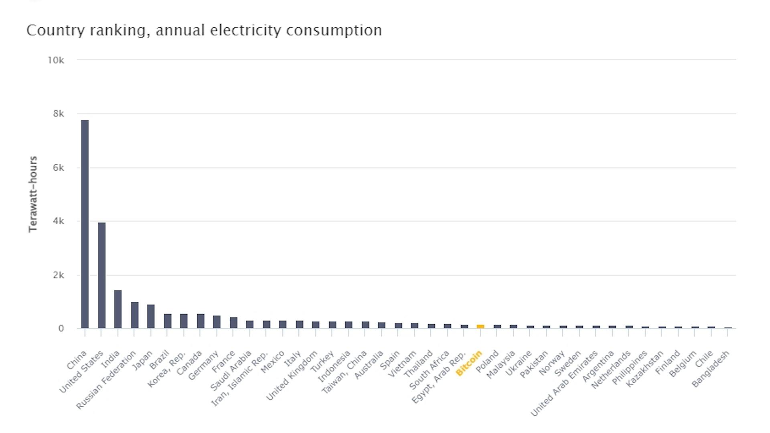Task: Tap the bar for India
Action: coord(118,309)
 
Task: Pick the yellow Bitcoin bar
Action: coord(480,326)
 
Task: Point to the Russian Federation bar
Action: coord(135,315)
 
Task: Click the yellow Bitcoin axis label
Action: coord(469,364)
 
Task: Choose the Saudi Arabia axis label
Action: coord(231,370)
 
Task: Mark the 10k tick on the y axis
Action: coord(56,60)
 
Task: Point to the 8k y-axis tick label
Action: coord(59,114)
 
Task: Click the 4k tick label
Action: coord(59,221)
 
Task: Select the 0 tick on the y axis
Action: coord(61,328)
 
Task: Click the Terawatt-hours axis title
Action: coord(33,194)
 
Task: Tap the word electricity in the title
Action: coord(245,30)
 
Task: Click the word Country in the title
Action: coord(55,30)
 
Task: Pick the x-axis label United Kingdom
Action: coord(292,376)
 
